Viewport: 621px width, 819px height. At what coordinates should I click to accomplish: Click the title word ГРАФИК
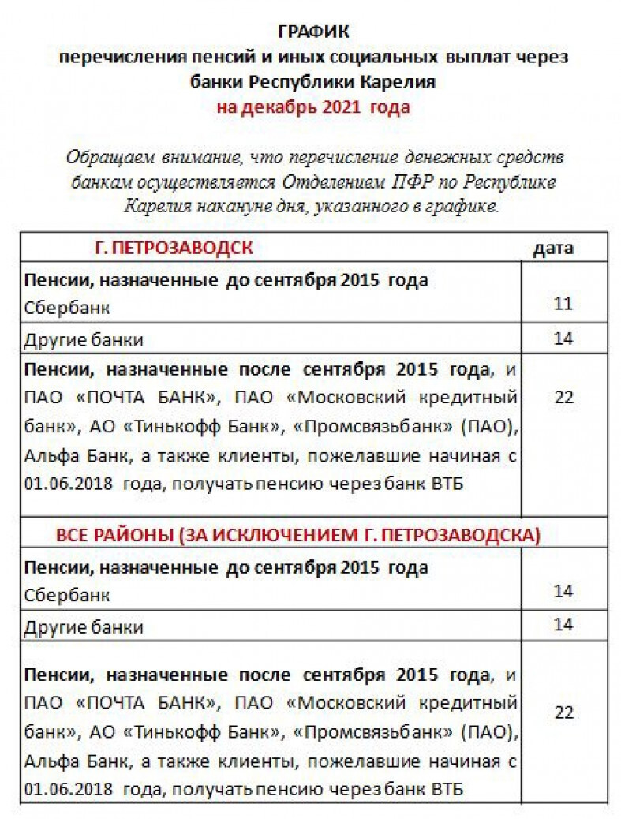point(313,32)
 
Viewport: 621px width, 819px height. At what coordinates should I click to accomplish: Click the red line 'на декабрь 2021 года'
point(313,107)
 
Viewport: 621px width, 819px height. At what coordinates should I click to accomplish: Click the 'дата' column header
point(553,248)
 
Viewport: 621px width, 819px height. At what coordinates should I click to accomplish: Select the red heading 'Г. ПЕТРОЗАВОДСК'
point(174,248)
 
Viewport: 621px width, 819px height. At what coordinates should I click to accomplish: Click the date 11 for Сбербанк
point(563,304)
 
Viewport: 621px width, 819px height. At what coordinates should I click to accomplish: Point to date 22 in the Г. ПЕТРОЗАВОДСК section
point(563,397)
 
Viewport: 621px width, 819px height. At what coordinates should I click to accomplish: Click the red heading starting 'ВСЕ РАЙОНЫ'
point(298,534)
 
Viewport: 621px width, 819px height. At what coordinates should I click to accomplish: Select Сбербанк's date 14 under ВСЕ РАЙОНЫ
point(563,591)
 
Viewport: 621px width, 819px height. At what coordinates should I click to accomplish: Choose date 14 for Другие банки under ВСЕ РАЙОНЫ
point(563,625)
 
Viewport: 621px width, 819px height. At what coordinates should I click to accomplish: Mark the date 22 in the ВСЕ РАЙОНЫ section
point(563,712)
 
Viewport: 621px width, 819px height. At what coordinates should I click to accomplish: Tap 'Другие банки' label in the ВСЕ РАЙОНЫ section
point(84,628)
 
